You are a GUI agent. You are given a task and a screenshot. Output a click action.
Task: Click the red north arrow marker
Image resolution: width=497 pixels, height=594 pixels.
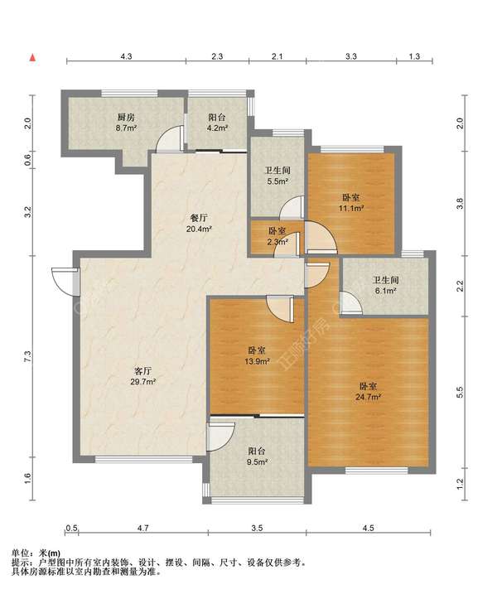[x=33, y=58]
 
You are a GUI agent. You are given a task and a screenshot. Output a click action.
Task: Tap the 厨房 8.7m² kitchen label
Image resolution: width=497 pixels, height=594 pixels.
[x=126, y=123]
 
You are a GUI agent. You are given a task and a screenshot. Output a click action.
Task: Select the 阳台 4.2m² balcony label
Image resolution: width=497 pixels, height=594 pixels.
[x=217, y=123]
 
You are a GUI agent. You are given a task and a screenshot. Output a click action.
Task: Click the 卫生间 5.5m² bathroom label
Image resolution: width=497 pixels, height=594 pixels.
[x=277, y=176]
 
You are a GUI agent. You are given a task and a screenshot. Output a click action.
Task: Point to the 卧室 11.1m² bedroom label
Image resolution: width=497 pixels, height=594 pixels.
[x=351, y=203]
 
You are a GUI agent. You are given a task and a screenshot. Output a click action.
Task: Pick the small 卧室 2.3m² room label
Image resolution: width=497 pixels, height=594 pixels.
[x=277, y=236]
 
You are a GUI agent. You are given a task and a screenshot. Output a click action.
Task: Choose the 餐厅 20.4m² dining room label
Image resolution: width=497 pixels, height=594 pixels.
[x=199, y=224]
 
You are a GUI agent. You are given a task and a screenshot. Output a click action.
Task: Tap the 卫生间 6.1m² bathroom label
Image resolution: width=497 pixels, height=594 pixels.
[x=386, y=286]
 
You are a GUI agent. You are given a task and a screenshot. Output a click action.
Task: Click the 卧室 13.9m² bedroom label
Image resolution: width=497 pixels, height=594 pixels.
[x=257, y=355]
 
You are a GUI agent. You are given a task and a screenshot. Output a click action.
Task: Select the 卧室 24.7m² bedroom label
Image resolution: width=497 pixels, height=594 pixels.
[x=368, y=392]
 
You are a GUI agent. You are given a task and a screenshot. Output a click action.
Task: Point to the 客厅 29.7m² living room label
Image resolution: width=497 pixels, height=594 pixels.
[x=142, y=376]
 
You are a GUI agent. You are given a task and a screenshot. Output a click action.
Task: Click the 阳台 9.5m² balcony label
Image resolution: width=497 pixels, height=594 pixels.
[x=257, y=456]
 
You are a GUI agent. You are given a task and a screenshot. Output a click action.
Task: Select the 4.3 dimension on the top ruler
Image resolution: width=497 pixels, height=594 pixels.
[x=126, y=56]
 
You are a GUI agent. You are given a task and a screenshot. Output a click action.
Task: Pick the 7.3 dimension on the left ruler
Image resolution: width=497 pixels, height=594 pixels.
[x=27, y=356]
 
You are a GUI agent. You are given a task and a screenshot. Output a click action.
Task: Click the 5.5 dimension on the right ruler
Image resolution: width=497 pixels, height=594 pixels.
[x=460, y=392]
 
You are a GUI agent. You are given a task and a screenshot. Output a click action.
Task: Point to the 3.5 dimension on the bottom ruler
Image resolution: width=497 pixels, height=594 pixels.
[x=257, y=528]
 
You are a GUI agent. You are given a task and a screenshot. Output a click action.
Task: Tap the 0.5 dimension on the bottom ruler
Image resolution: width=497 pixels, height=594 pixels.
[x=71, y=528]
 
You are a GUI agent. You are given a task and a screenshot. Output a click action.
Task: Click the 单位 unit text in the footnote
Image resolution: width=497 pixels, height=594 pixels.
[x=20, y=553]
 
